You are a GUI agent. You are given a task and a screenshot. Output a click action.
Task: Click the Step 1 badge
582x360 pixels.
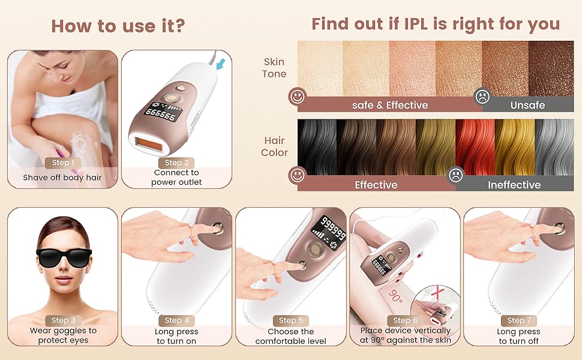63,163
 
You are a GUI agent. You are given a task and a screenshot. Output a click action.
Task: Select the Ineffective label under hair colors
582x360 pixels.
514,185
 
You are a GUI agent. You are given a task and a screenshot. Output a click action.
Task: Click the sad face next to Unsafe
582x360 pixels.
482,96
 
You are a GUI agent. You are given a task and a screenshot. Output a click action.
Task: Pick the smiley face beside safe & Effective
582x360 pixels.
296,96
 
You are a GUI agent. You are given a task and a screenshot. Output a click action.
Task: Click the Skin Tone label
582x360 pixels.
274,68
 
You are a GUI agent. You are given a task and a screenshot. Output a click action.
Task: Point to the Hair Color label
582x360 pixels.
274,146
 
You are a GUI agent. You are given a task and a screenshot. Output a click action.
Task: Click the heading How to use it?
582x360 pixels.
118,26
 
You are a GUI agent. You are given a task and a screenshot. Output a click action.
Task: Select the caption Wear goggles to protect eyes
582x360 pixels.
63,335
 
